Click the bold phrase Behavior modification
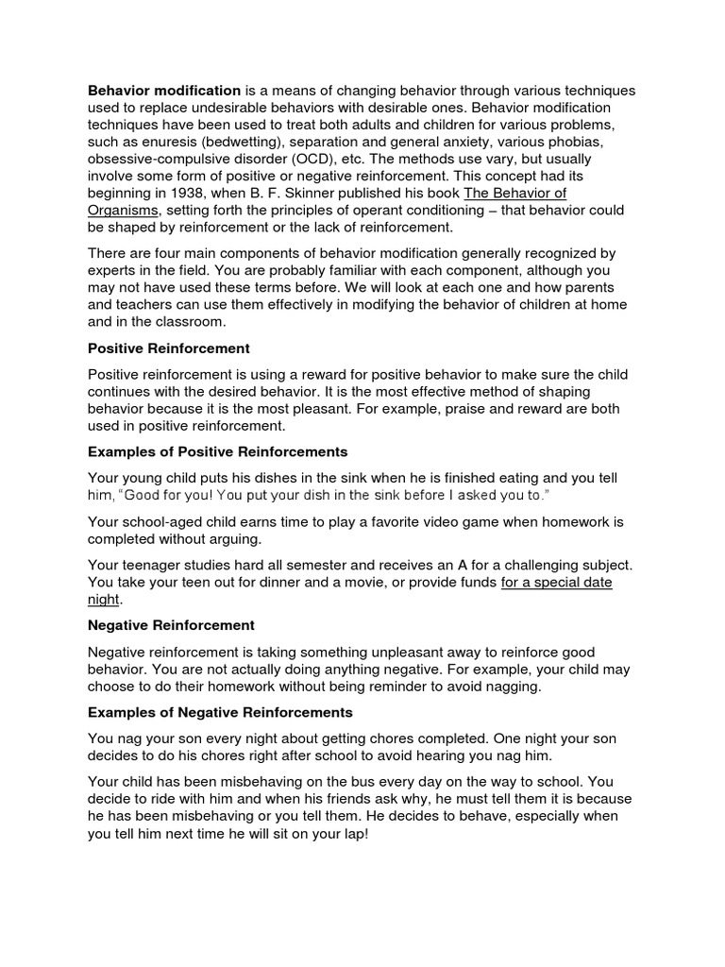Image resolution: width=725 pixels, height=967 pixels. point(164,91)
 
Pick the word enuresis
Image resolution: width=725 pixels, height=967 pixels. point(154,142)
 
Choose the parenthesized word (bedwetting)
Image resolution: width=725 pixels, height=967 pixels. point(231,142)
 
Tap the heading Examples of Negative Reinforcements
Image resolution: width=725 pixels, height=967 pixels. point(220,711)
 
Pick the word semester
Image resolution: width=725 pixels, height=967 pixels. point(294,566)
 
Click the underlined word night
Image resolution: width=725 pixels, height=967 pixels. point(104,600)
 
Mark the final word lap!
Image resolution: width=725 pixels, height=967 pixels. point(349,834)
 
